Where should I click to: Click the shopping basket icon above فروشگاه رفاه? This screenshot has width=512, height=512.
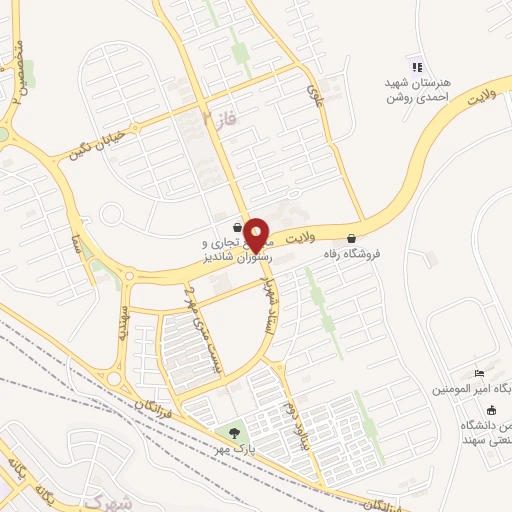(x=351, y=238)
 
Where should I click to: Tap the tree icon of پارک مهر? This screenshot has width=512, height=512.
(x=234, y=433)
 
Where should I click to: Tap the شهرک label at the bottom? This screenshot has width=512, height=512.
(x=109, y=497)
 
